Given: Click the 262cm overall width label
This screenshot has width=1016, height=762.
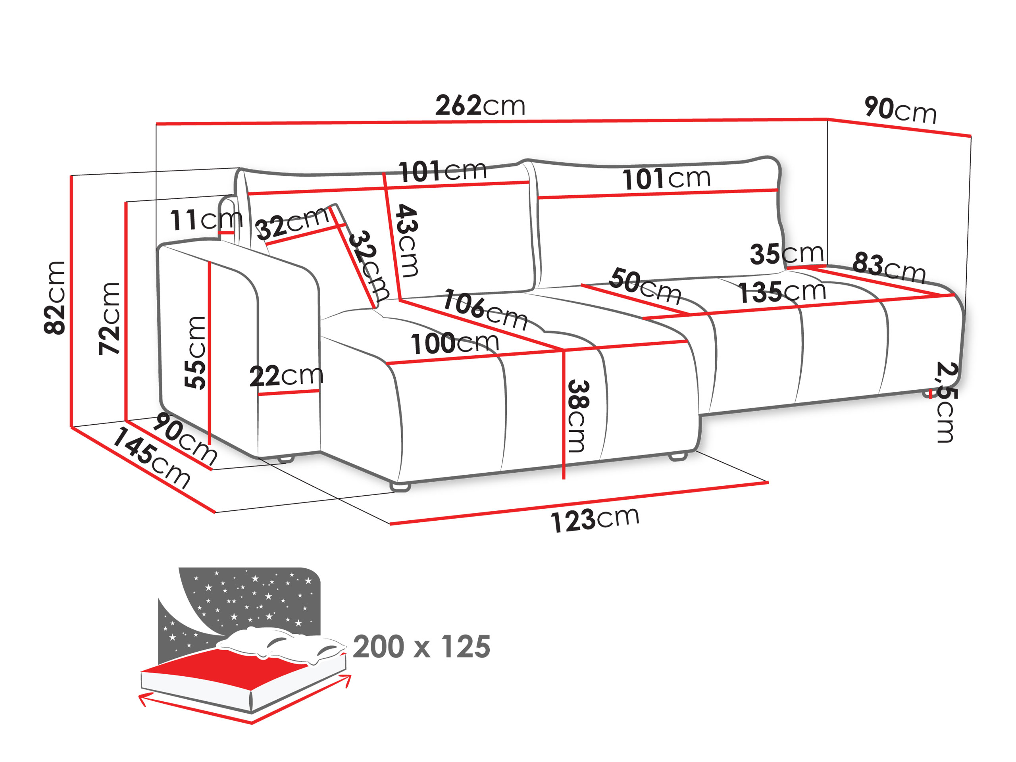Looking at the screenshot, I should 480,106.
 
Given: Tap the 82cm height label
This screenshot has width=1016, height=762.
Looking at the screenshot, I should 55,298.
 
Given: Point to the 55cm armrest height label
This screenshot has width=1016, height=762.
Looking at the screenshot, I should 195,352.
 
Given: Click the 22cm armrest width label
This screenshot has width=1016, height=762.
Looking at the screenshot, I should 286,376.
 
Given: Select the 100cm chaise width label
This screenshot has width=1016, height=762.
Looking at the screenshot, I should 454,343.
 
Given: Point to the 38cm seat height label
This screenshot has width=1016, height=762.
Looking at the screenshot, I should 577,416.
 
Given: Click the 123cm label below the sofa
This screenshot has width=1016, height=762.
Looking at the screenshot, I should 595,520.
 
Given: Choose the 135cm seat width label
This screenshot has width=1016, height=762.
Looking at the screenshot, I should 782,292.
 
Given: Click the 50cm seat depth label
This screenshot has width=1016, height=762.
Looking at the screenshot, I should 645,286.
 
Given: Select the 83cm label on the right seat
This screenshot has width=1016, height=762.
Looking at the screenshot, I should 888,267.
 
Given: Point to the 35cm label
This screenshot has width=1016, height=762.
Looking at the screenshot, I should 787,254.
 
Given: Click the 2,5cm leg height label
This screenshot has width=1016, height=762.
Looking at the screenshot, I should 946,402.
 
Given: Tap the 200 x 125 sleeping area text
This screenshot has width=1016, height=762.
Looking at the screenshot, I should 421,647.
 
